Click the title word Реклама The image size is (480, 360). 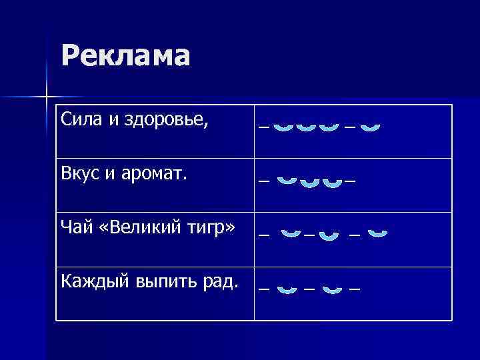pyautogui.click(x=125, y=56)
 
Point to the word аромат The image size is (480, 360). pyautogui.click(x=157, y=174)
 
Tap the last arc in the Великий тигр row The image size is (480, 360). pyautogui.click(x=378, y=233)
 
